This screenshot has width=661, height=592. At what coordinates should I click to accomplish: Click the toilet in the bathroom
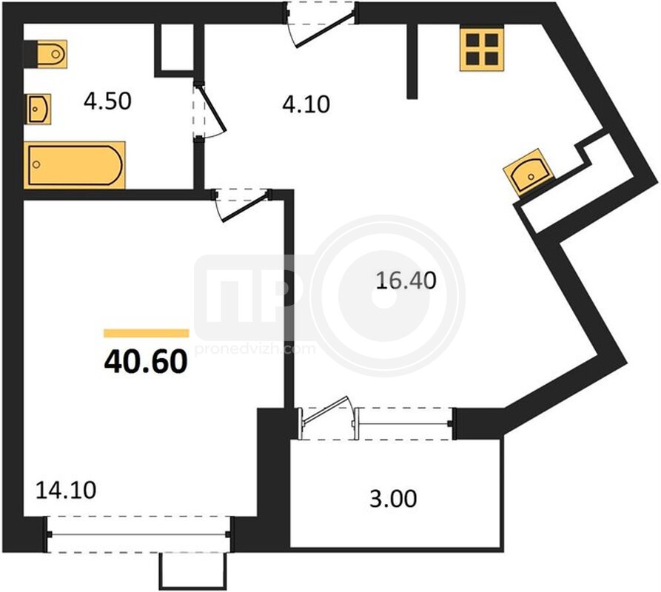[51, 53]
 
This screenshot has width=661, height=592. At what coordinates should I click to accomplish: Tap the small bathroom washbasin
[38, 109]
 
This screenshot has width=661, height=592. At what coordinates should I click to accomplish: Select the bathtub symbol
[75, 165]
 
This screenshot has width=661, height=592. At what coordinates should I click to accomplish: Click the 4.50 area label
[107, 101]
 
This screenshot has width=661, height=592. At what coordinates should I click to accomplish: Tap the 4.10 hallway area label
[306, 104]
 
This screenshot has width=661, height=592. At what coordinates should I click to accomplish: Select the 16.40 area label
[406, 281]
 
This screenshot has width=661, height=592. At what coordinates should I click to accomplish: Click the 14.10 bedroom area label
[66, 490]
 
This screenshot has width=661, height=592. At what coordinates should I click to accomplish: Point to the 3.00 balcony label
[393, 499]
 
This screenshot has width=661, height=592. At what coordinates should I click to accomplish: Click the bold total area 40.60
[145, 362]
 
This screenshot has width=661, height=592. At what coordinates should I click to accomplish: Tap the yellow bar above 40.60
[147, 334]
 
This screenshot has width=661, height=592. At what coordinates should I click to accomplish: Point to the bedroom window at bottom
[138, 534]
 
